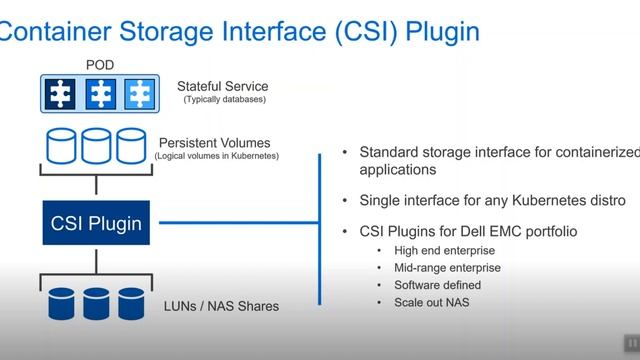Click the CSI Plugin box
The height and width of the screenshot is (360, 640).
pyautogui.click(x=96, y=223)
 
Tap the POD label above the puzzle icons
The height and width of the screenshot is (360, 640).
pyautogui.click(x=99, y=66)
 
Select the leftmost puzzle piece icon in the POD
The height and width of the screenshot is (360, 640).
pyautogui.click(x=62, y=93)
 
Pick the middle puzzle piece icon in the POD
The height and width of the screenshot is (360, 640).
pyautogui.click(x=99, y=93)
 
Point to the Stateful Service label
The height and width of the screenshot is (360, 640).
pyautogui.click(x=223, y=86)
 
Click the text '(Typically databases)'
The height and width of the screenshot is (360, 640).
pyautogui.click(x=224, y=99)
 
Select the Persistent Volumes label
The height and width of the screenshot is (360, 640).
pyautogui.click(x=215, y=142)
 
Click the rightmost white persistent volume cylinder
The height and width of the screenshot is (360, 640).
pyautogui.click(x=132, y=146)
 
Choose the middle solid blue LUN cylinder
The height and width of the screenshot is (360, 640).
pyautogui.click(x=97, y=301)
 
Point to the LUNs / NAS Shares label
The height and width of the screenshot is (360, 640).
pyautogui.click(x=222, y=305)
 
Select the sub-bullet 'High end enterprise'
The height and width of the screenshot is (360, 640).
pyautogui.click(x=444, y=250)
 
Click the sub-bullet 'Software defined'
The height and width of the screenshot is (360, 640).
pyautogui.click(x=438, y=285)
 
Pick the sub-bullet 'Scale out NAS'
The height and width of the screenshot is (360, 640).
pyautogui.click(x=432, y=302)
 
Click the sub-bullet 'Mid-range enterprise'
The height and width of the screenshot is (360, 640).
pyautogui.click(x=448, y=267)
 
